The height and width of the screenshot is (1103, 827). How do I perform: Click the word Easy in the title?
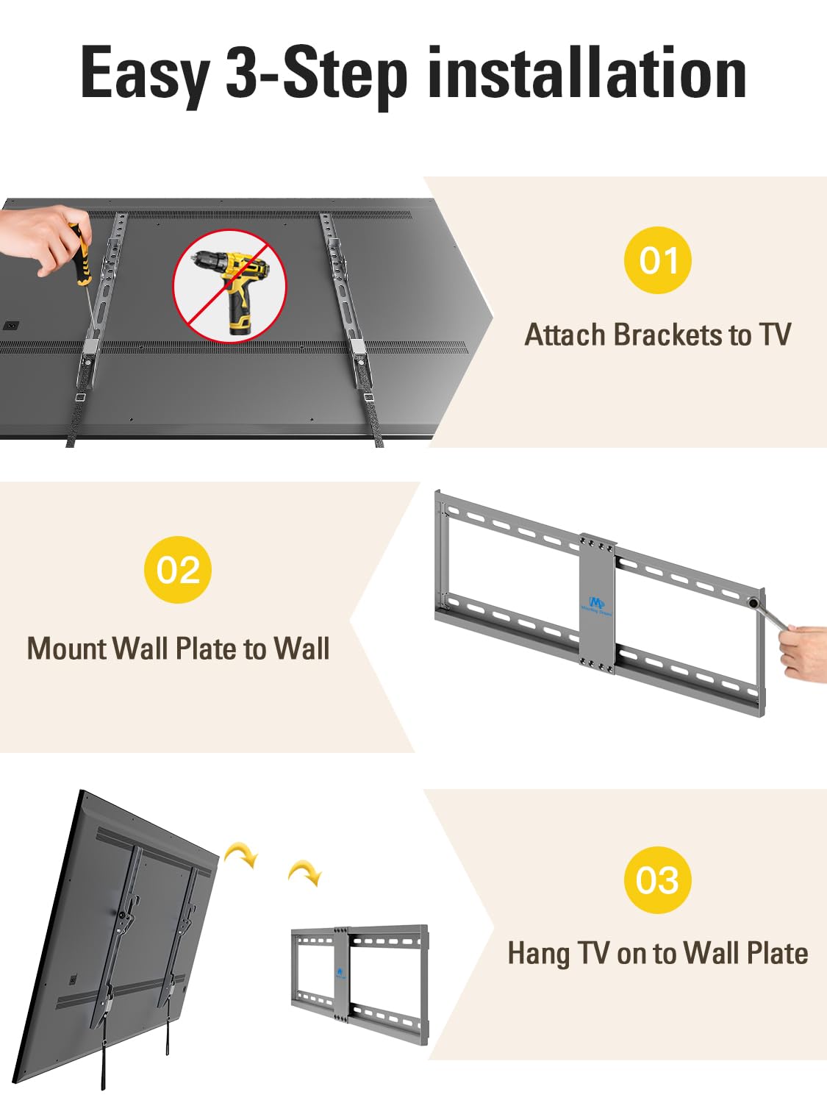pos(145,74)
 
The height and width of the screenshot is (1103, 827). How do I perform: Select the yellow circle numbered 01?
pos(657,260)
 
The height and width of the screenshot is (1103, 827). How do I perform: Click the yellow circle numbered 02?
pos(178,570)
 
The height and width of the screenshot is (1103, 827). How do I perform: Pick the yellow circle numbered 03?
pos(657,880)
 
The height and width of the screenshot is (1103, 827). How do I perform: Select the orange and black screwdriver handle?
pos(80,257)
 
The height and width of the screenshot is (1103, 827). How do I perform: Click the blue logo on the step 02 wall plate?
pos(596,605)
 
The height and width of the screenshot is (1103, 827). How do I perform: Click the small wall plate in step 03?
pos(360,988)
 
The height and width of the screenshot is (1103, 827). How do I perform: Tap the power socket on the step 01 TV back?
pos(10,326)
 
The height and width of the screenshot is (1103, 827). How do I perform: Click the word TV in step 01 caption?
pos(776,335)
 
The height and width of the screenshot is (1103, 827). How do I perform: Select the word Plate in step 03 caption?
pos(777,953)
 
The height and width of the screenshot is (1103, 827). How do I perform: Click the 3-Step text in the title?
pos(317,76)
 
